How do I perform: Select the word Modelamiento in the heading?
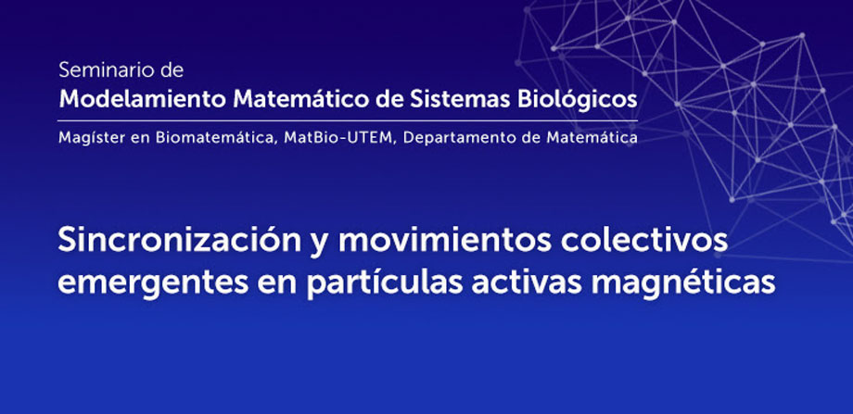[x=143, y=99]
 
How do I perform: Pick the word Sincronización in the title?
[x=180, y=241]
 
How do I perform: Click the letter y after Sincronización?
[x=320, y=244]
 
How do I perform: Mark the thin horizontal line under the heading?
[x=349, y=120]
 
